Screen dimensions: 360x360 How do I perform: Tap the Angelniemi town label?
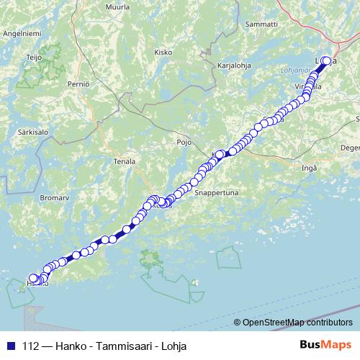pyautogui.click(x=22, y=32)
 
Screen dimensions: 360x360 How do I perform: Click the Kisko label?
pyautogui.click(x=163, y=52)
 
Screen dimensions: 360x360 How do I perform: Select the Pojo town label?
pyautogui.click(x=184, y=142)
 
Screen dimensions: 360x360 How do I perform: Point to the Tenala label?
pyautogui.click(x=124, y=161)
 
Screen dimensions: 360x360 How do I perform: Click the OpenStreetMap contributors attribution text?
pyautogui.click(x=297, y=322)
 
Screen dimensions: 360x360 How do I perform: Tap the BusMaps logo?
pyautogui.click(x=325, y=346)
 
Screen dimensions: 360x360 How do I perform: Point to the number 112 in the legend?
pyautogui.click(x=31, y=346)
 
